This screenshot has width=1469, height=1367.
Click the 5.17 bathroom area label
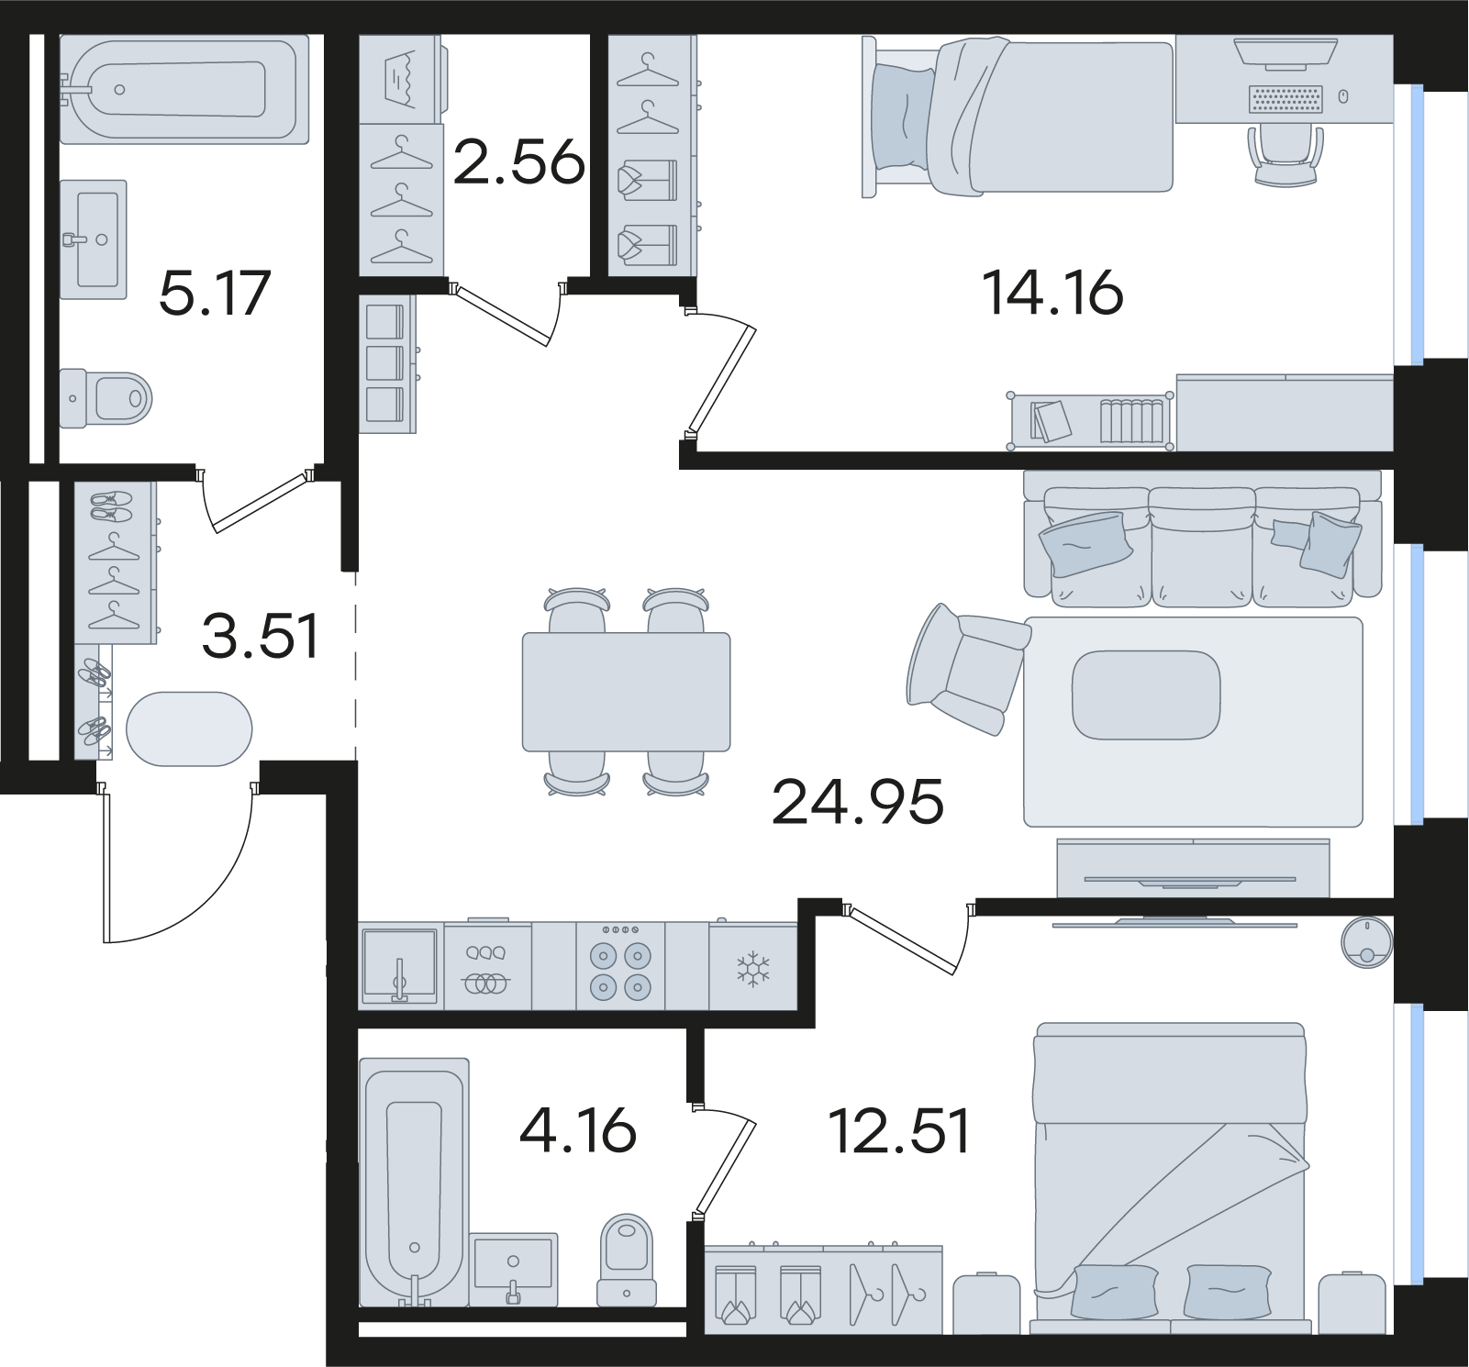point(215,294)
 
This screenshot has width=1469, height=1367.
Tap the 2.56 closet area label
point(519,161)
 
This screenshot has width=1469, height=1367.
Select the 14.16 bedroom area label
point(1052,294)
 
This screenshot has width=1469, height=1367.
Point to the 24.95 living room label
point(858,802)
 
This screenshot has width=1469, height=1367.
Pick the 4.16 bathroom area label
point(578,1130)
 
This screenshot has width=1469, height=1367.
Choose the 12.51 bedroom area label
point(899,1131)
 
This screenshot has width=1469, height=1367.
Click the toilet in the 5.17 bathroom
point(106,398)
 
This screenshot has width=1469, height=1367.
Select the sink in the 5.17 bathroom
point(94,239)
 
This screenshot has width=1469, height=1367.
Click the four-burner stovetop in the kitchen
point(620,967)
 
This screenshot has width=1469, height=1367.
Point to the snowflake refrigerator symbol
point(753,969)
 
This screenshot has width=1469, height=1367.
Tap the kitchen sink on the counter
point(400,967)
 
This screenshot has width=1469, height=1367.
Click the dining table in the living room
point(627,692)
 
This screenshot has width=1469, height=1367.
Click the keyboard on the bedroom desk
point(1286,99)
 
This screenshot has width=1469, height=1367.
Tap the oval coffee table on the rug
point(1147,695)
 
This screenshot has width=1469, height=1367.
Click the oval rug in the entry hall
point(189,728)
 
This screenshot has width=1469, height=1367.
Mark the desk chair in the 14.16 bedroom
point(1286,154)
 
